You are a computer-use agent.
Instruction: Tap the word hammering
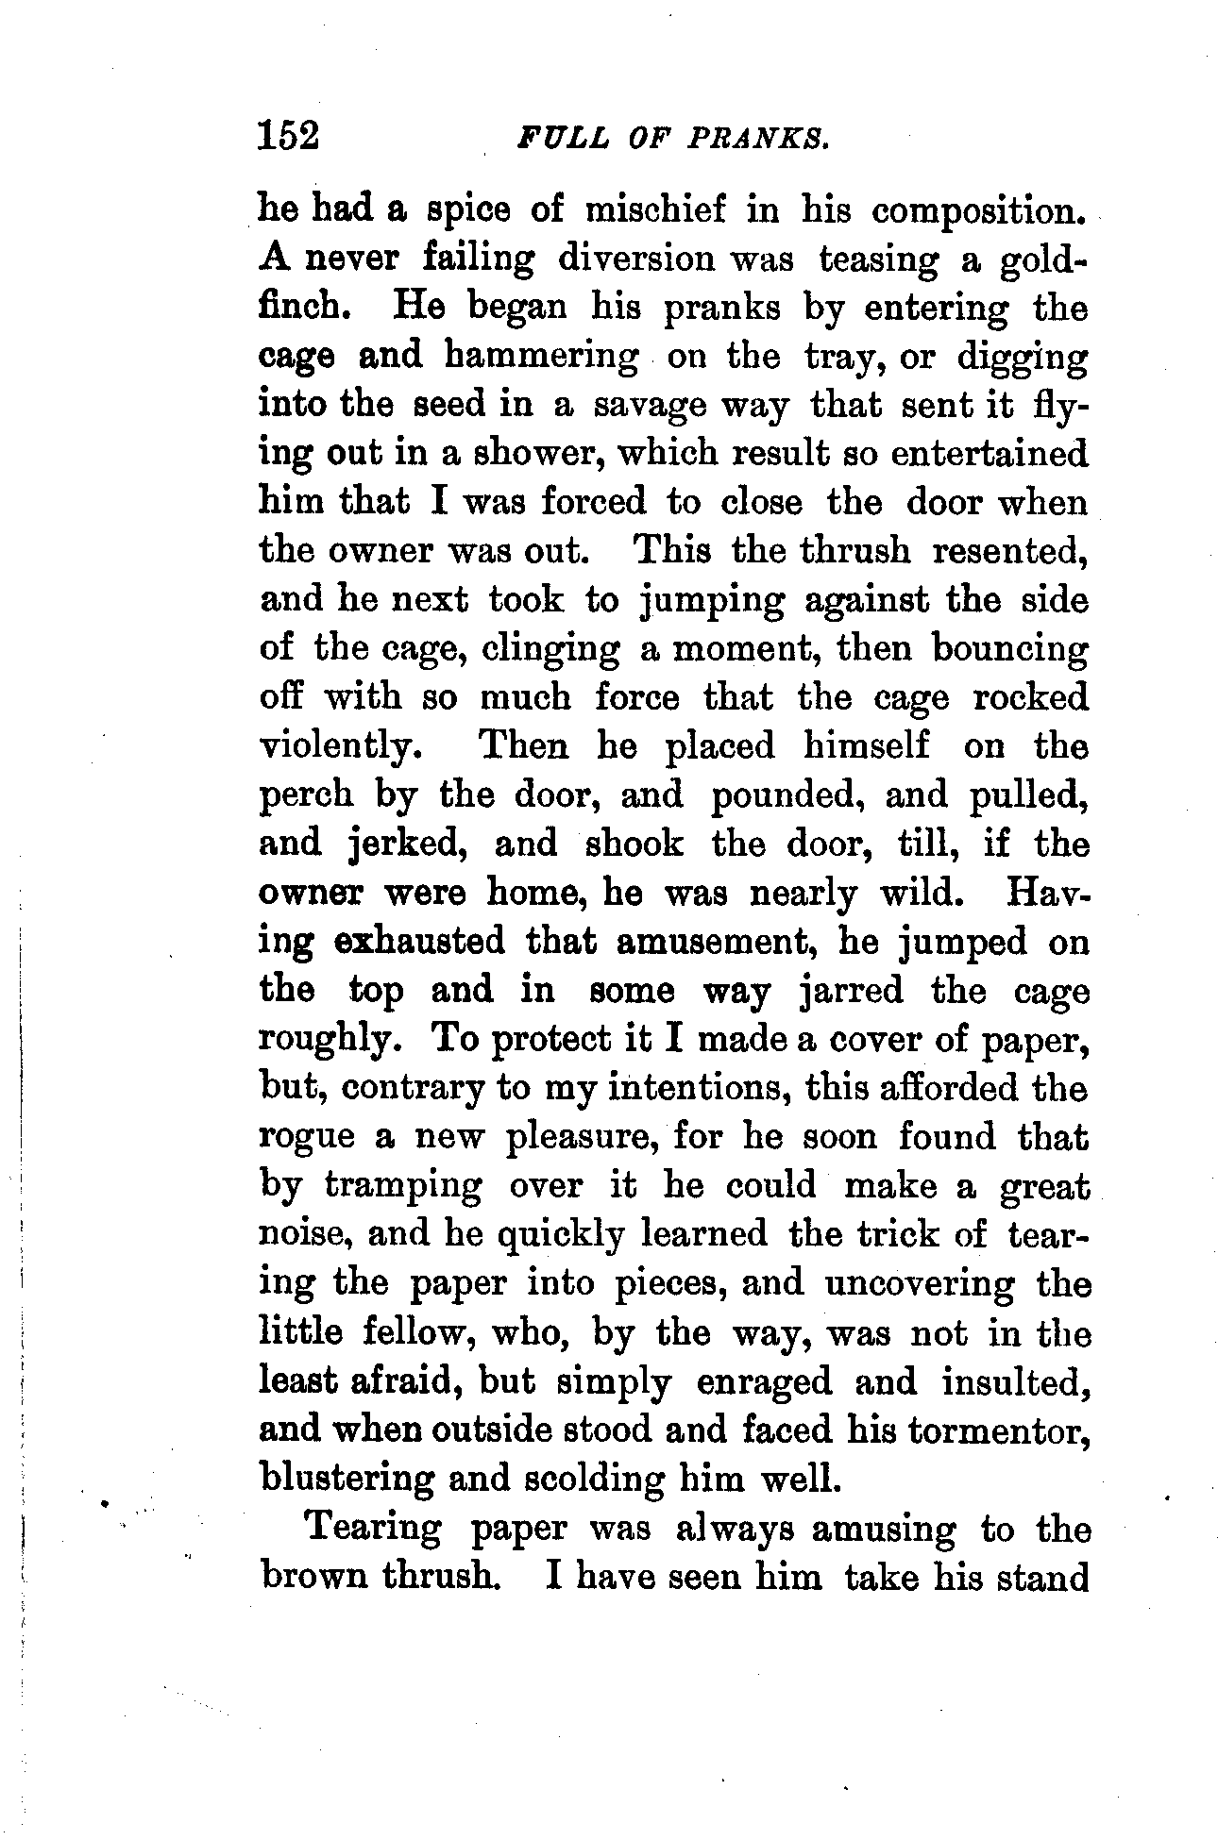537,357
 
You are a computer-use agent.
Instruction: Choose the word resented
1009,551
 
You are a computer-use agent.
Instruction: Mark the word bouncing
1009,649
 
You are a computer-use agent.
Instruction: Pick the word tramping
402,1187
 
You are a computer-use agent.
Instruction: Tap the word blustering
347,1479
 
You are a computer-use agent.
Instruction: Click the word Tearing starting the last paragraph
375,1529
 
